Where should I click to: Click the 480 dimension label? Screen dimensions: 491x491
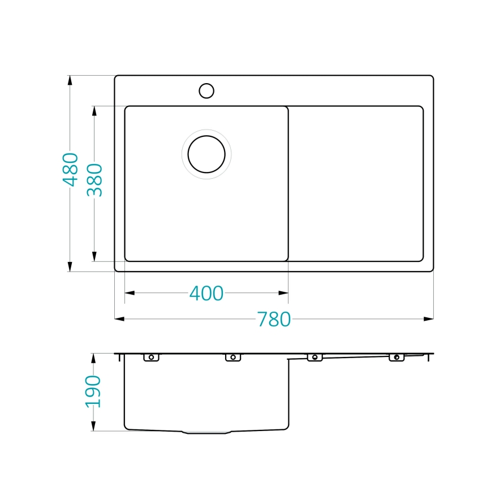(70, 169)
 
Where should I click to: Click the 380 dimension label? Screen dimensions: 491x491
(94, 180)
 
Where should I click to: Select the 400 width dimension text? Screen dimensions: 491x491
(206, 293)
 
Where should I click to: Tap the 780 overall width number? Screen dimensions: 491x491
(274, 319)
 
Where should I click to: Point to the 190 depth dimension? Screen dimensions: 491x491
(93, 391)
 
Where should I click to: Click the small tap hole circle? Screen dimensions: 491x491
(206, 91)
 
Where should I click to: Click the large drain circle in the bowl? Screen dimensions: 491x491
(206, 154)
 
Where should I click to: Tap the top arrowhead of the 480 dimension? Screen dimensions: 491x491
(70, 80)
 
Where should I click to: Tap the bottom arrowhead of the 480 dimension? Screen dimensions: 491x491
(70, 267)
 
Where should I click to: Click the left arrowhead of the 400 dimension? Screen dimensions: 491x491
(129, 293)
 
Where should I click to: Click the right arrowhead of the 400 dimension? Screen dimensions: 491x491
(284, 293)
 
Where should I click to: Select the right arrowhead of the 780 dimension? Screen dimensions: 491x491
(429, 319)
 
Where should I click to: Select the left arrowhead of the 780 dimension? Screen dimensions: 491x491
(119, 319)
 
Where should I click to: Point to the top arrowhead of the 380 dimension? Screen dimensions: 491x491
(94, 110)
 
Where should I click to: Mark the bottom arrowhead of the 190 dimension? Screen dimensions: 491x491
(93, 427)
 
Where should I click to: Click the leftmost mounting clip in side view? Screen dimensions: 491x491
(151, 357)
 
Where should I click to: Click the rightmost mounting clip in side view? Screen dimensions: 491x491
(397, 357)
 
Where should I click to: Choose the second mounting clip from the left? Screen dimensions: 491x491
(232, 357)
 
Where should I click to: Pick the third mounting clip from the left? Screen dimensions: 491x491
(315, 357)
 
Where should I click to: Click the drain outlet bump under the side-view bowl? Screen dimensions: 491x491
(206, 432)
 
